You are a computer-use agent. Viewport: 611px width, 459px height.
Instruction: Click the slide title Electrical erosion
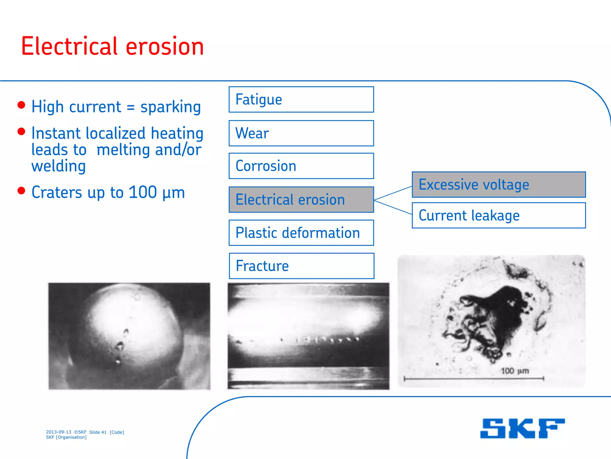click(x=112, y=46)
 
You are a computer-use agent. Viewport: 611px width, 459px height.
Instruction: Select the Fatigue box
click(x=301, y=100)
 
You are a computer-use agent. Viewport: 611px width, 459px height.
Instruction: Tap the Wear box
click(x=301, y=133)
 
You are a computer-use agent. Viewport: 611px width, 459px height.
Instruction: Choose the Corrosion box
click(x=301, y=166)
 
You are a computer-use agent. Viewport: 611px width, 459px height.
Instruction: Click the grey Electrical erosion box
click(x=301, y=200)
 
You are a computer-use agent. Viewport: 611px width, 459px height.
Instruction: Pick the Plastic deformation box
click(x=301, y=233)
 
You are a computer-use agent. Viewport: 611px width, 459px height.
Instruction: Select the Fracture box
click(x=301, y=266)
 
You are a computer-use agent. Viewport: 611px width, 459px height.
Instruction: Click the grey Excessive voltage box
click(x=499, y=185)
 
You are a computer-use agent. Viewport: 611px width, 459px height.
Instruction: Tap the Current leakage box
click(x=499, y=215)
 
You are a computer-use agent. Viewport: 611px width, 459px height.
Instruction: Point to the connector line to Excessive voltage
click(x=393, y=193)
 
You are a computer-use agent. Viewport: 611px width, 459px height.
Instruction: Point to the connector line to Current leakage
click(x=393, y=207)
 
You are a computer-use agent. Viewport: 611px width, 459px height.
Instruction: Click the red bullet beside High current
click(x=21, y=105)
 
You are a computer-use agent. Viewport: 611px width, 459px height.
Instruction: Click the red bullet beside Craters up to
click(x=21, y=191)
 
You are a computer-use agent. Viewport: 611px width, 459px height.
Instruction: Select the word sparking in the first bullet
click(x=171, y=107)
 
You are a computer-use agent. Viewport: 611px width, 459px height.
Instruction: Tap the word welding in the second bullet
click(x=58, y=166)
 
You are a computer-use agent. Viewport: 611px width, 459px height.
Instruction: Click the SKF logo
click(x=522, y=429)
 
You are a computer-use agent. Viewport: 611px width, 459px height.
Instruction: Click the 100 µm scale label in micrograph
click(x=515, y=371)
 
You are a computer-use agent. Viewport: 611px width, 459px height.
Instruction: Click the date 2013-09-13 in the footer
click(x=58, y=432)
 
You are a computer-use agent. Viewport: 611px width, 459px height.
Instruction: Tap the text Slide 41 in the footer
click(x=98, y=432)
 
